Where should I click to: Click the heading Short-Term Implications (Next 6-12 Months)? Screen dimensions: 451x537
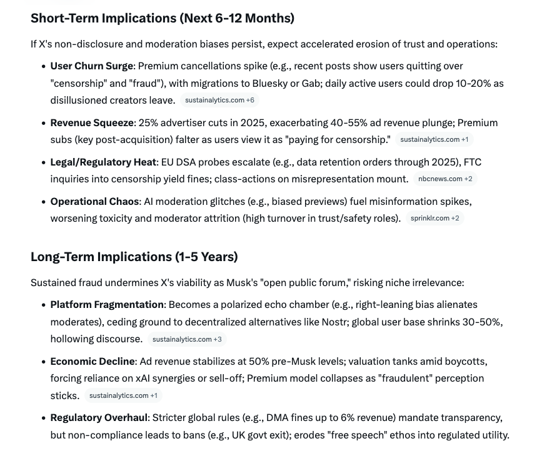(x=162, y=18)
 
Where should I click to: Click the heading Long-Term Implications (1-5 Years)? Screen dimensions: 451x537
(x=134, y=257)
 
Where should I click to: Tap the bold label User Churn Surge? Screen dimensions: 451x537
(x=92, y=66)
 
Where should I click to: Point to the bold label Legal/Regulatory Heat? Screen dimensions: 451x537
(x=103, y=162)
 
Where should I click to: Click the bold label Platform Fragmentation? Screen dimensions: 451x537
(x=107, y=305)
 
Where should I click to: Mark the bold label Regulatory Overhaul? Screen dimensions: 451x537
(x=98, y=417)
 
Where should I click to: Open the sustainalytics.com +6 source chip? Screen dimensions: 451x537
(x=219, y=100)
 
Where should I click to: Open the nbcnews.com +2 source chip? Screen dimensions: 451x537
(x=445, y=179)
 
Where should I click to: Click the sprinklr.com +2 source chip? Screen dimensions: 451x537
(x=434, y=219)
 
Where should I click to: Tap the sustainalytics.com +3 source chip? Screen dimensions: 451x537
(x=187, y=340)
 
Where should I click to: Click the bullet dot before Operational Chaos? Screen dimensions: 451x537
(x=43, y=202)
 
